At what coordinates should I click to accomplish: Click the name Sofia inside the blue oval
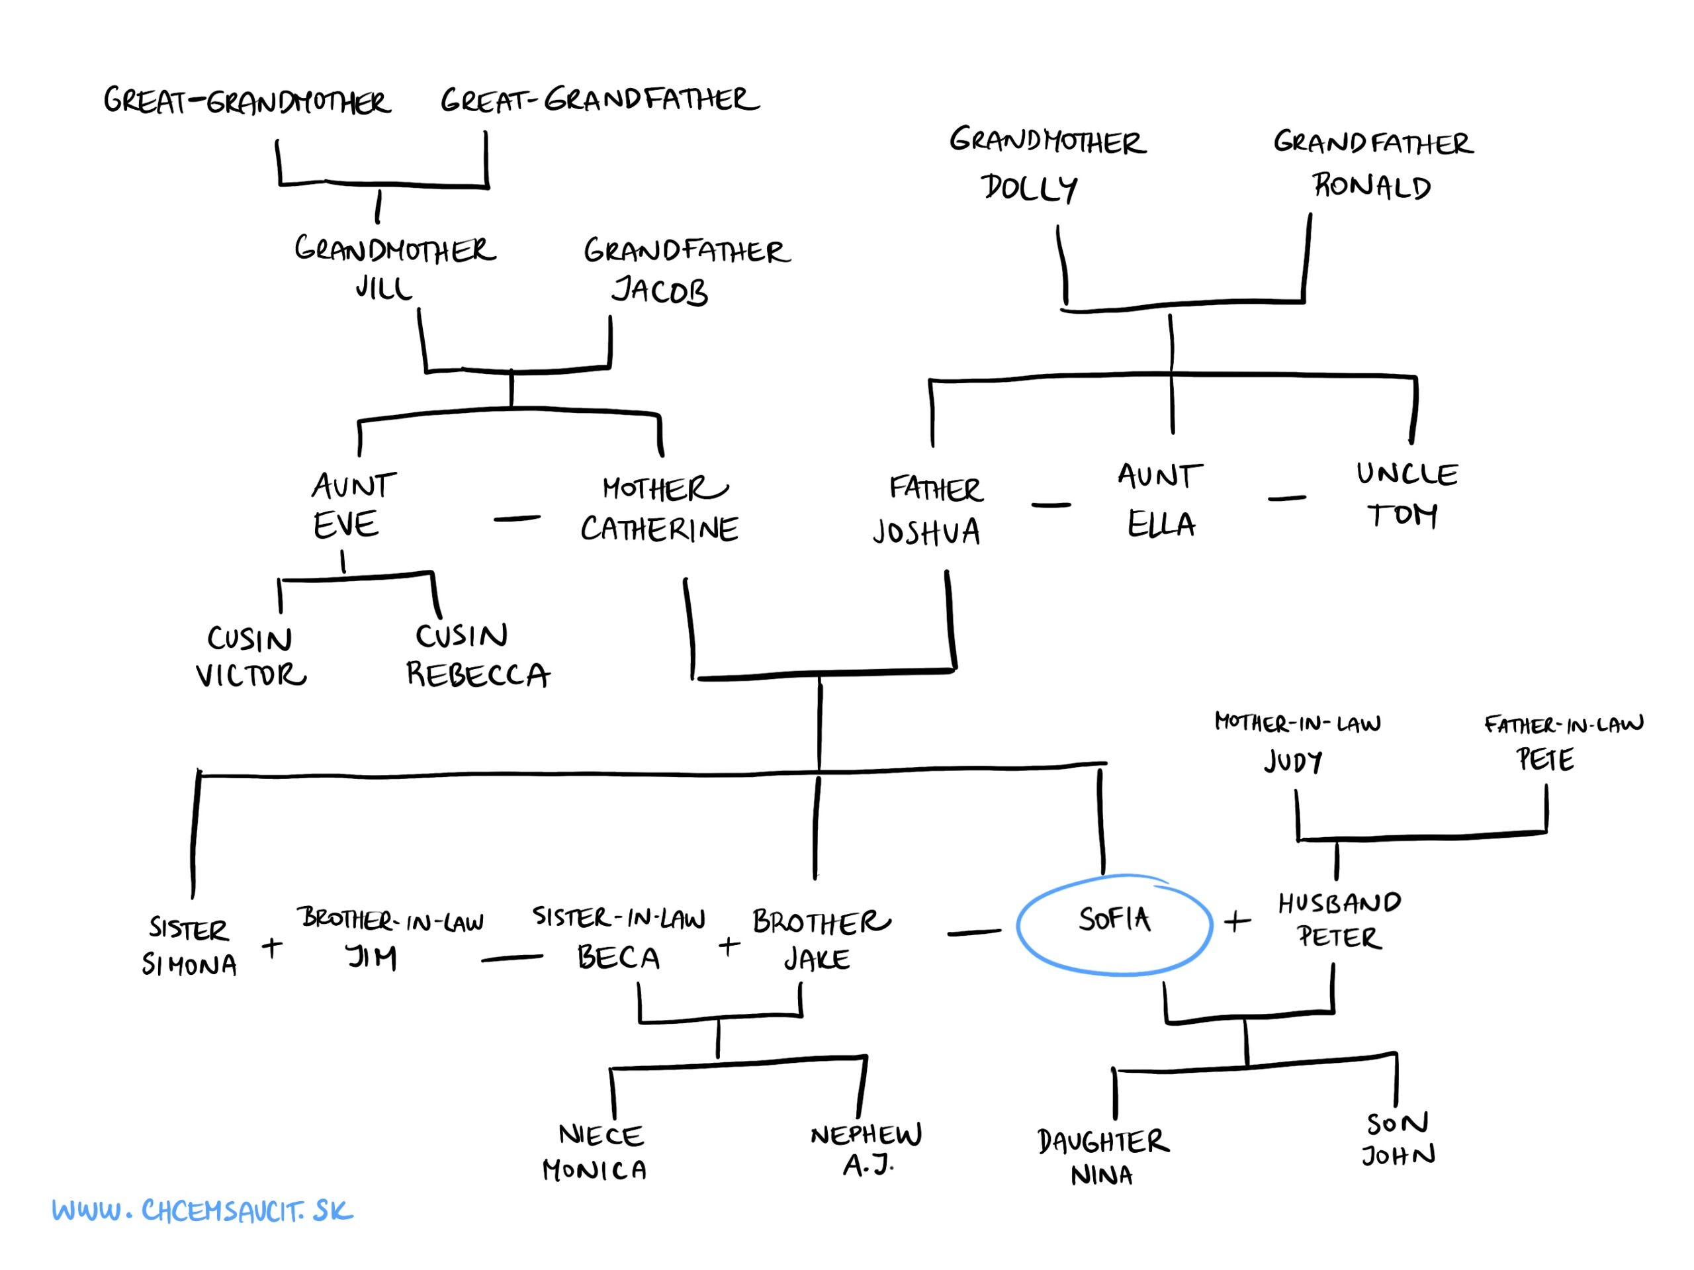tap(1114, 919)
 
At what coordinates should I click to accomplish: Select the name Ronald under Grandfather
tap(1372, 186)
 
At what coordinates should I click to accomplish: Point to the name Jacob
tap(659, 291)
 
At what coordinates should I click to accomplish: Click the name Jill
tap(384, 288)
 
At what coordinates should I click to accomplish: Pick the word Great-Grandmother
tap(247, 101)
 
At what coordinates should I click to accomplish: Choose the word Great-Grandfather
tap(600, 99)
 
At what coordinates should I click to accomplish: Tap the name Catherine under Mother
tap(659, 529)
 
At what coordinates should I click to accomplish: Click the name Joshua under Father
tap(926, 531)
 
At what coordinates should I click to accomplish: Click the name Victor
tap(250, 676)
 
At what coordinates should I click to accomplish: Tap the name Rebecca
tap(478, 675)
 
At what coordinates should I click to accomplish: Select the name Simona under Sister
tap(189, 965)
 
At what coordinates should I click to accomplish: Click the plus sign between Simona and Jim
tap(272, 948)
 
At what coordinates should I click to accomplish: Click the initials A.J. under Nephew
tap(868, 1165)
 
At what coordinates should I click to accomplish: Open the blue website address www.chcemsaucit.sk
tap(203, 1211)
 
